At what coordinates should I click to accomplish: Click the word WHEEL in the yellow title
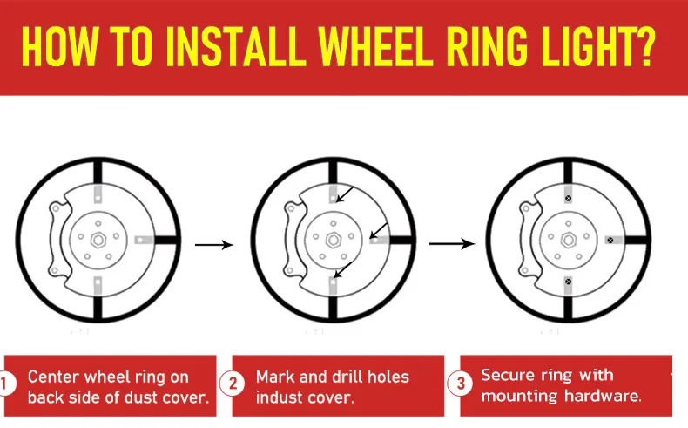click(x=375, y=46)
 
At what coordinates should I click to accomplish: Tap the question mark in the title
click(x=644, y=46)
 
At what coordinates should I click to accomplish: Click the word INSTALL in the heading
click(x=236, y=46)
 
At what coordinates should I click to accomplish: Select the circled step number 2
click(x=233, y=384)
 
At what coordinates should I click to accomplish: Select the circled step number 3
click(x=460, y=383)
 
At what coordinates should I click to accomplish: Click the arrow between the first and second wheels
click(x=213, y=244)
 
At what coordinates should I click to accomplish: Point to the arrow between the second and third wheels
click(x=451, y=243)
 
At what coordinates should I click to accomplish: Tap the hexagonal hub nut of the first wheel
click(x=98, y=240)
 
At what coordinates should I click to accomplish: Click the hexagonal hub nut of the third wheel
click(x=569, y=240)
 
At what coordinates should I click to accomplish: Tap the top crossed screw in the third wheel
click(x=569, y=199)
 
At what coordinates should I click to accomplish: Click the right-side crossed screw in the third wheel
click(x=610, y=240)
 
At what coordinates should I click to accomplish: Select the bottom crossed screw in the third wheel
click(x=569, y=282)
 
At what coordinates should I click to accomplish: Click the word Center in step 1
click(x=53, y=377)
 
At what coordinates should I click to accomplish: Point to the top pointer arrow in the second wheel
click(x=345, y=195)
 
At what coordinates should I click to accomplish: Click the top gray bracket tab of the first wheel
click(x=98, y=194)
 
